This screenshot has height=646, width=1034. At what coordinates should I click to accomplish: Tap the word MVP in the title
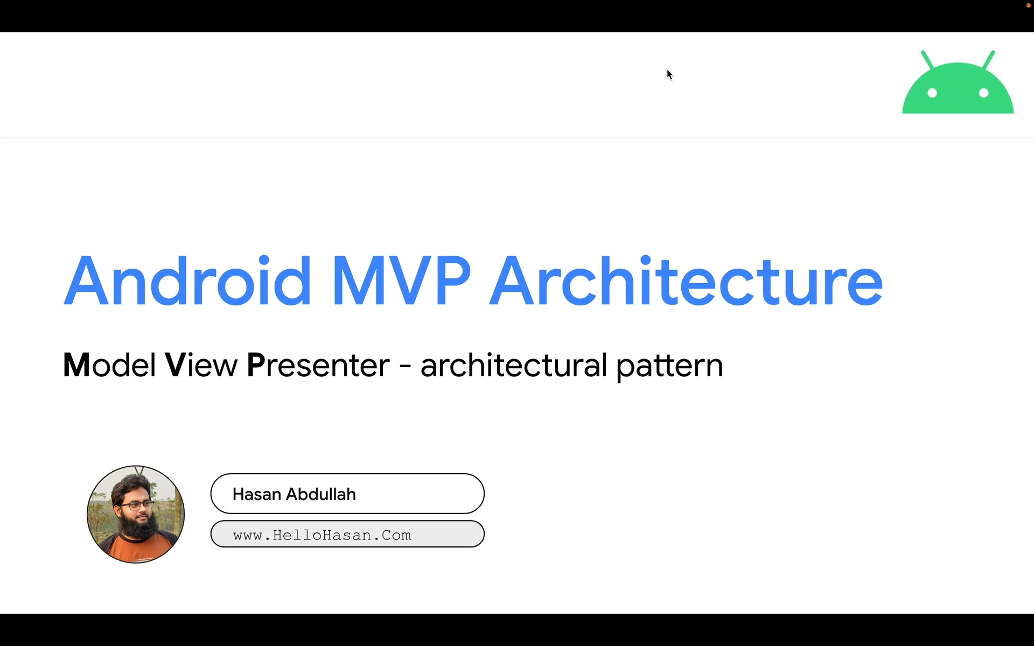click(x=401, y=281)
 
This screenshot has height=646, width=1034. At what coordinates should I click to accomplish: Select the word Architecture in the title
click(x=685, y=281)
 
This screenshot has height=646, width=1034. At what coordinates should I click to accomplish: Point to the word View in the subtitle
click(x=201, y=365)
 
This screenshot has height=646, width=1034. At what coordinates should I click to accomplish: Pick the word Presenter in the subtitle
click(x=318, y=365)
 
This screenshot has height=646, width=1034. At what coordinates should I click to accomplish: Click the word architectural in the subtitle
click(x=514, y=365)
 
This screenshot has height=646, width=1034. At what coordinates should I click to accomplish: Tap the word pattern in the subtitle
click(x=669, y=366)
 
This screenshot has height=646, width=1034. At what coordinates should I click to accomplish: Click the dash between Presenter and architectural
click(x=405, y=367)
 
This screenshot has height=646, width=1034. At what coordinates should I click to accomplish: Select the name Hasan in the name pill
click(x=256, y=494)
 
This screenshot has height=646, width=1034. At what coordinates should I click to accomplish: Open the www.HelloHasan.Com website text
click(x=322, y=535)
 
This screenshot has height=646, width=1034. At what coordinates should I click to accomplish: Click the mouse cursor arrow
click(x=669, y=74)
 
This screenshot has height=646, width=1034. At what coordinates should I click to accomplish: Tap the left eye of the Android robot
click(x=932, y=93)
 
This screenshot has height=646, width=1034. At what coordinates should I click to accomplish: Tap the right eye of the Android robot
click(x=983, y=93)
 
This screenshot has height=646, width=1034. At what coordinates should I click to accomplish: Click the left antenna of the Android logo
click(x=927, y=59)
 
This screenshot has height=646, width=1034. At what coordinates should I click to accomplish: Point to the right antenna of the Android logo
click(x=989, y=59)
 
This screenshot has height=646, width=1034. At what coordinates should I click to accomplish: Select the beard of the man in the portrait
click(x=139, y=528)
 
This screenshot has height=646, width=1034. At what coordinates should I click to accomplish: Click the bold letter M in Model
click(x=76, y=365)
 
